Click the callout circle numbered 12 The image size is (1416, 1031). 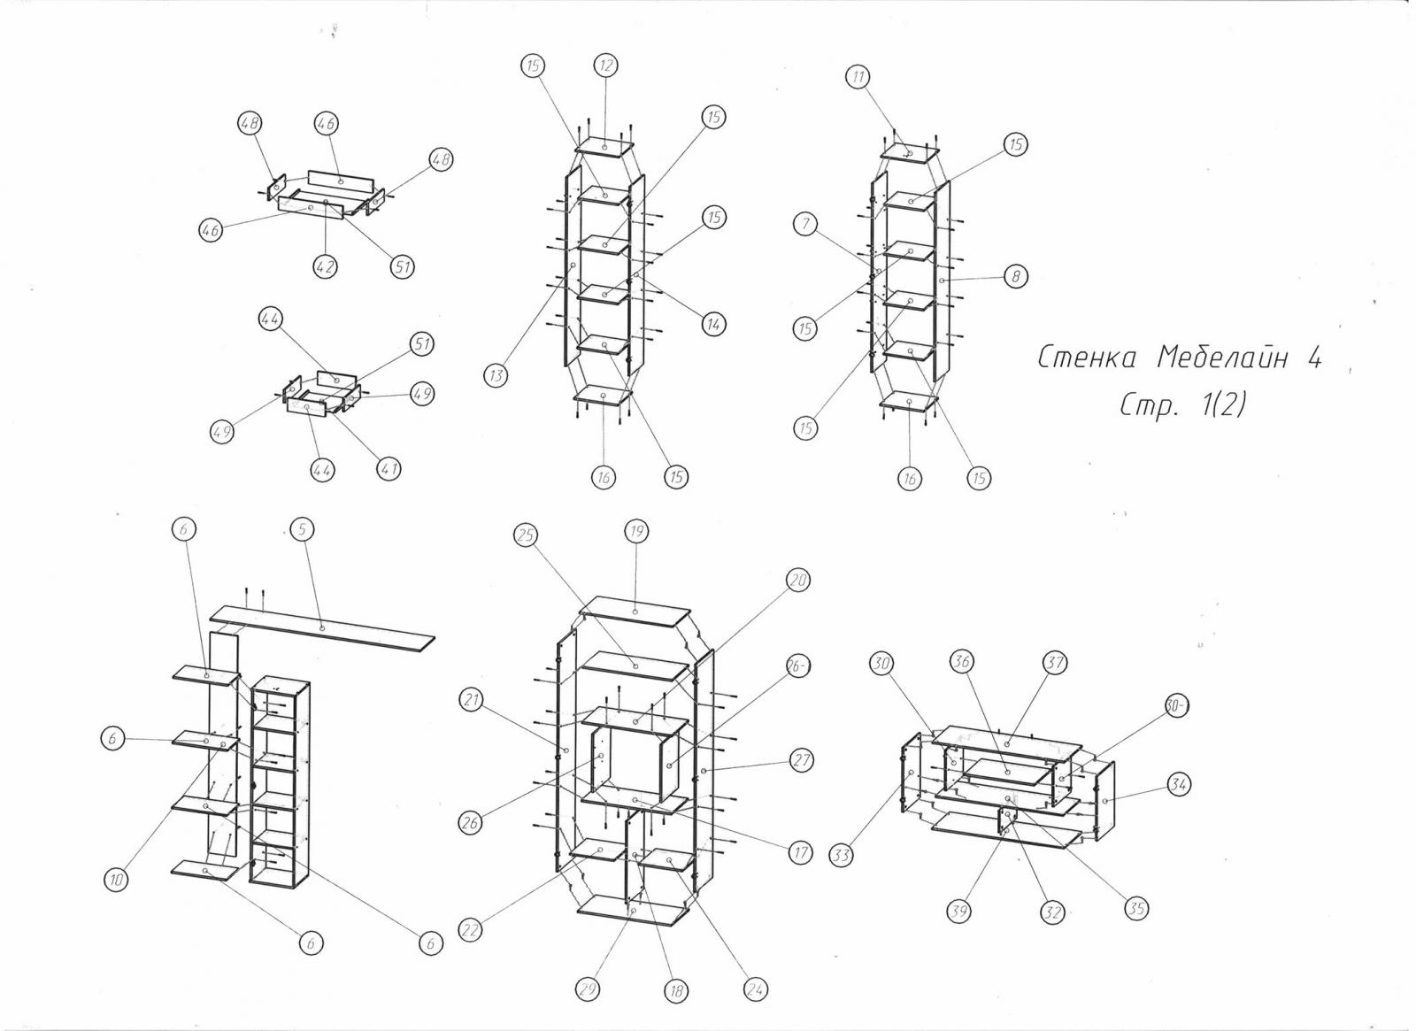coord(606,65)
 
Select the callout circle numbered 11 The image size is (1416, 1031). coord(858,77)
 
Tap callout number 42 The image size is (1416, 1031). coord(327,265)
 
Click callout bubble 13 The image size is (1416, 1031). coord(496,375)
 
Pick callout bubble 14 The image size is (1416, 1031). coord(713,324)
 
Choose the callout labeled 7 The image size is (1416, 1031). coord(805,225)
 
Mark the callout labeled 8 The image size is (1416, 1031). coord(1016,277)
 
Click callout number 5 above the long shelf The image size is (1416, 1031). coord(302,529)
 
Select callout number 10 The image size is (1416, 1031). coord(117,880)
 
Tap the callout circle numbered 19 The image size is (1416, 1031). coord(636,531)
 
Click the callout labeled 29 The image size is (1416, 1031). coord(586,990)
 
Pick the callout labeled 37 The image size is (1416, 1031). coord(1055,662)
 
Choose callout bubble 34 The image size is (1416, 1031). coord(1178,784)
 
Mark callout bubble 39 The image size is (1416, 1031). coord(958,911)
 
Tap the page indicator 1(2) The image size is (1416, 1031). coord(1220,404)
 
